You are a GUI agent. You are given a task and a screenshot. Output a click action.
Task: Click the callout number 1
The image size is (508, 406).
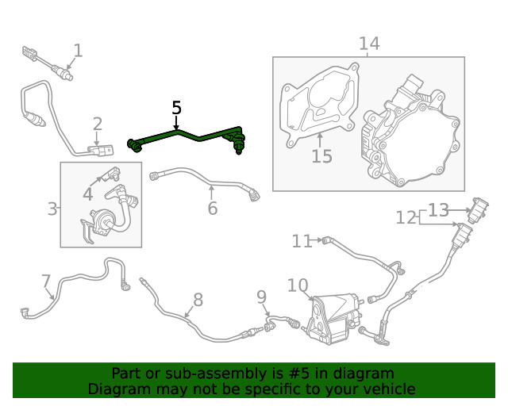(78, 51)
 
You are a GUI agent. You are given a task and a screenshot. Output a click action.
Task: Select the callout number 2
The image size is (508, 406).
(98, 124)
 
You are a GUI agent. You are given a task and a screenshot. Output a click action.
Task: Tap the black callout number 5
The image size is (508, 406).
(176, 108)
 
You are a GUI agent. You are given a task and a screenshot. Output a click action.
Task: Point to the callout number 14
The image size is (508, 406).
(369, 44)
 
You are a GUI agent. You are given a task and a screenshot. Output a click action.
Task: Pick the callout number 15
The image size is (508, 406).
(321, 156)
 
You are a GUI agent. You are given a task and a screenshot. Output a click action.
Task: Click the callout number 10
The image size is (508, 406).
(298, 285)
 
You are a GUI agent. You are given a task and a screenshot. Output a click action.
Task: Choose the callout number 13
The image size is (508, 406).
(439, 210)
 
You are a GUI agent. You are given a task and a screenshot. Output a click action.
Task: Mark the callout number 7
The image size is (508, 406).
(46, 281)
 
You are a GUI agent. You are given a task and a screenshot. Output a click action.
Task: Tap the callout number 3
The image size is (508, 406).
(52, 209)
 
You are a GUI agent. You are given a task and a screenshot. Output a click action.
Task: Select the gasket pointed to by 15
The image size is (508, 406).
(319, 106)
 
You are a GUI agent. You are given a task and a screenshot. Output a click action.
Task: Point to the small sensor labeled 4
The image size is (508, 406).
(111, 174)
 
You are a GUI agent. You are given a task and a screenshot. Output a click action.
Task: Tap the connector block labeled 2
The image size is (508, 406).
(101, 150)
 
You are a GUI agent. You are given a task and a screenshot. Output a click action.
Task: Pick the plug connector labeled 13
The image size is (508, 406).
(478, 210)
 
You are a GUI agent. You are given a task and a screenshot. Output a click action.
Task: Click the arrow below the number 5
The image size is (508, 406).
(176, 123)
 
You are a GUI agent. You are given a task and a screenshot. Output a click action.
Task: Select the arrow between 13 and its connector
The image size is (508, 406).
(460, 210)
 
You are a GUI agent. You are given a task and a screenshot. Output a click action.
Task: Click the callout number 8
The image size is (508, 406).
(198, 300)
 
